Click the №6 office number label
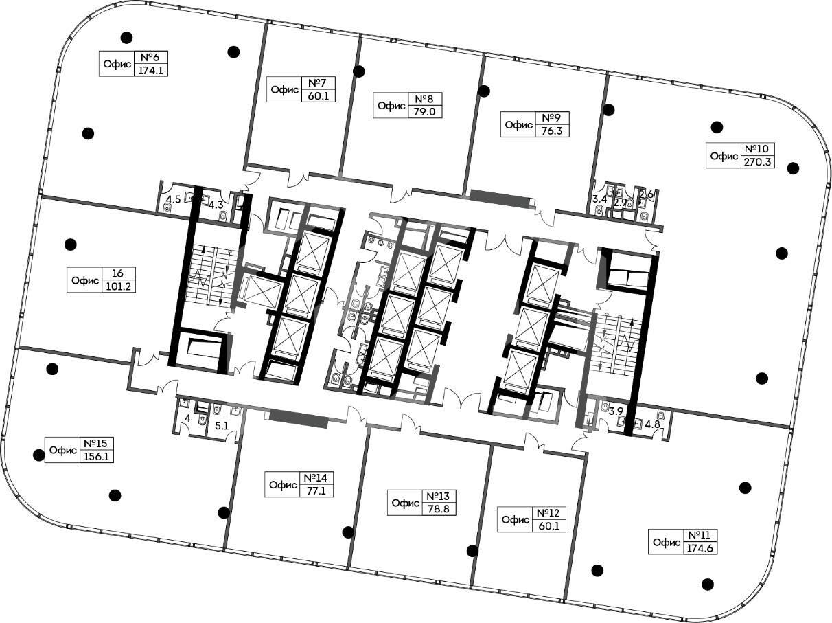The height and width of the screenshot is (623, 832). (x=150, y=58)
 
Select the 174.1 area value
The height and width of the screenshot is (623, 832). (x=150, y=71)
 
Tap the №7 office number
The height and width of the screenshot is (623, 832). (x=318, y=83)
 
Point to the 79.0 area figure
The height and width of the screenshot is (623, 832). (x=424, y=112)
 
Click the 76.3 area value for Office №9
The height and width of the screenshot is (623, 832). (x=551, y=131)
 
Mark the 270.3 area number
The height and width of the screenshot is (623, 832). (x=757, y=162)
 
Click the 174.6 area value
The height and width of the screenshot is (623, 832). (x=700, y=548)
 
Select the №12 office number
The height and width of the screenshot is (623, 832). (x=551, y=513)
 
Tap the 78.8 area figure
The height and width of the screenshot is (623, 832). (x=439, y=509)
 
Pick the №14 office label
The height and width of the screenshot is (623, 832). (x=316, y=478)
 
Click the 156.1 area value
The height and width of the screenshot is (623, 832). (x=96, y=457)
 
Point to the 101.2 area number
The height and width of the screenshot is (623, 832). (x=118, y=286)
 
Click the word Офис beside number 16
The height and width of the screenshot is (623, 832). (x=84, y=281)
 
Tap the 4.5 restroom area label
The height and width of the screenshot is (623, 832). (x=174, y=200)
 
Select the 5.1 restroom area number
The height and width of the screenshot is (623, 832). (x=222, y=426)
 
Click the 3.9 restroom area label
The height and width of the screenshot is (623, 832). (x=616, y=411)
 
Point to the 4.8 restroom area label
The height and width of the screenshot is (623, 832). (x=652, y=424)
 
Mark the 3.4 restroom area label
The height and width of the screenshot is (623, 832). (x=600, y=199)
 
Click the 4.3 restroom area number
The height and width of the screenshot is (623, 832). (x=216, y=205)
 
